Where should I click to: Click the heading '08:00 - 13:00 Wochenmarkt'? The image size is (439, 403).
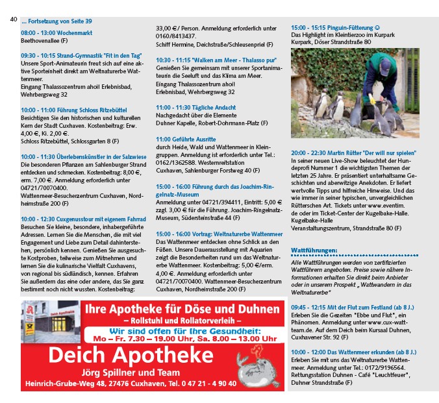point(56,32)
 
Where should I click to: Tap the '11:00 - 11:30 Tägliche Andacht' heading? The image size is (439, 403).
point(195,106)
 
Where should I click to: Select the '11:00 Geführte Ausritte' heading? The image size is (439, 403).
point(188,138)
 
